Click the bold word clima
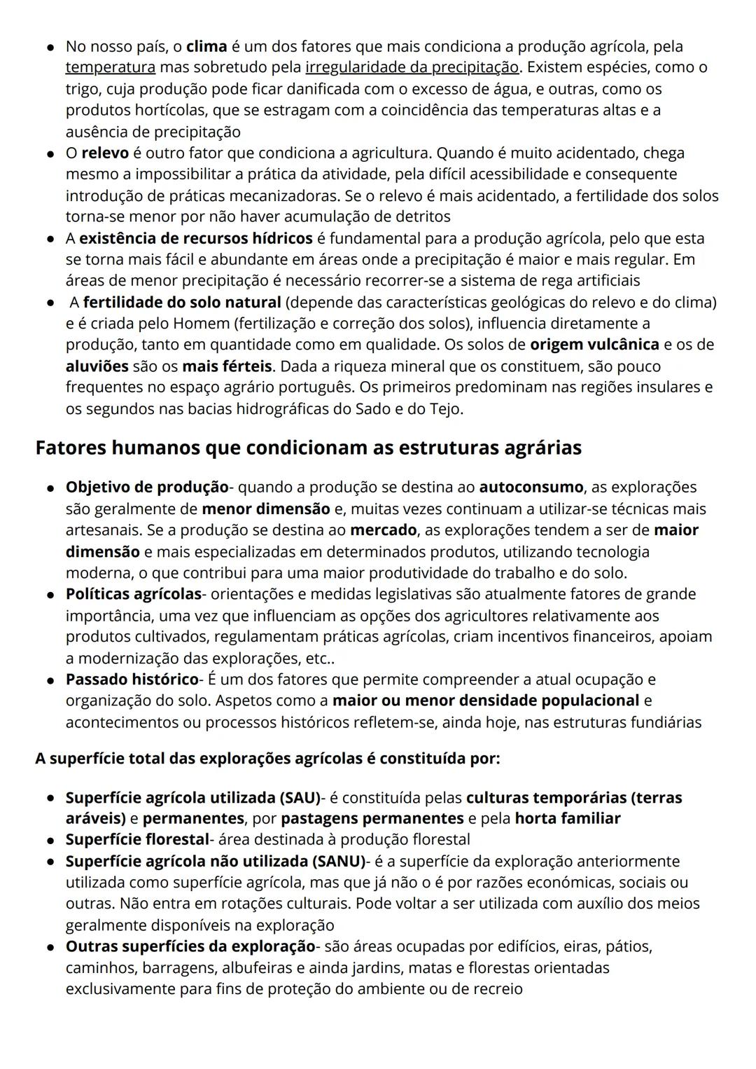[206, 47]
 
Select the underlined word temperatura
[111, 68]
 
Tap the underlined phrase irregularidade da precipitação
[412, 68]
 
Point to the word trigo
[83, 90]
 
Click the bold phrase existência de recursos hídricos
[196, 239]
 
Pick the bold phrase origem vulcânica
[594, 345]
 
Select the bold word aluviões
[97, 366]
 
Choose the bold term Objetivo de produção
[147, 487]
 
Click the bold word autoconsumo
[531, 487]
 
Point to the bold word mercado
[383, 530]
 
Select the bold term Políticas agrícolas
[134, 594]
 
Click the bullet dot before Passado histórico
[51, 681]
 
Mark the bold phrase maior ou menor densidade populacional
[486, 701]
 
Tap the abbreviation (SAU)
[300, 798]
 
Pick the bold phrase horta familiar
[567, 819]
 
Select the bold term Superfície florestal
[137, 839]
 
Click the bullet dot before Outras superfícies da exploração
[51, 948]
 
